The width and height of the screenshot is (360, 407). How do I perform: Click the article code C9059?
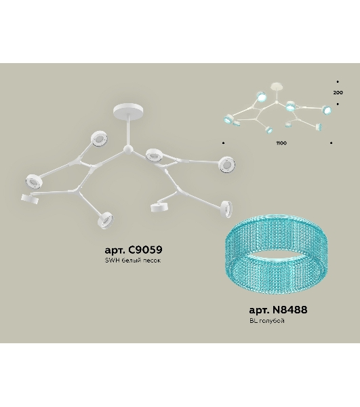pos(145,250)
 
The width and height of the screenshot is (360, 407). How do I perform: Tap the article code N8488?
pos(290,310)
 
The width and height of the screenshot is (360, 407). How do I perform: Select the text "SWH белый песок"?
pos(133,260)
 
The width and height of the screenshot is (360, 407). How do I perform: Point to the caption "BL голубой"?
pos(267,321)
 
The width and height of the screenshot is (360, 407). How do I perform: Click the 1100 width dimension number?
pos(281,143)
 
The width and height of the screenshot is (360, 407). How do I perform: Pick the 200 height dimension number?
pos(338,92)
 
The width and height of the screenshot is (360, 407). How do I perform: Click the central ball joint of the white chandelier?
pos(127,150)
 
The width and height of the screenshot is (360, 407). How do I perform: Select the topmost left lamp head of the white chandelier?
pos(99,138)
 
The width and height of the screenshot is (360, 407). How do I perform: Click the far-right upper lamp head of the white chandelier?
pos(227,165)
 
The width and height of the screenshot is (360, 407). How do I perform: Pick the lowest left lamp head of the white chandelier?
pos(30,199)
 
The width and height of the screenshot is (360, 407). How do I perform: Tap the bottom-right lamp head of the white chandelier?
pos(226,209)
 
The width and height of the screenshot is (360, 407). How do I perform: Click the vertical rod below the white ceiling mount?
pos(128,131)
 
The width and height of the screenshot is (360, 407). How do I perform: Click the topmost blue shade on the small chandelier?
pos(262,96)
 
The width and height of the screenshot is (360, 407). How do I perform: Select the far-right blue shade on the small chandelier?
pos(327,110)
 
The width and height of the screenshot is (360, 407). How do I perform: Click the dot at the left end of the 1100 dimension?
pos(224,142)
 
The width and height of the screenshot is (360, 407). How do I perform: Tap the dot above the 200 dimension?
pos(338,82)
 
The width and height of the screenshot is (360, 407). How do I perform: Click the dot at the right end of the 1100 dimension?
pos(332,142)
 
